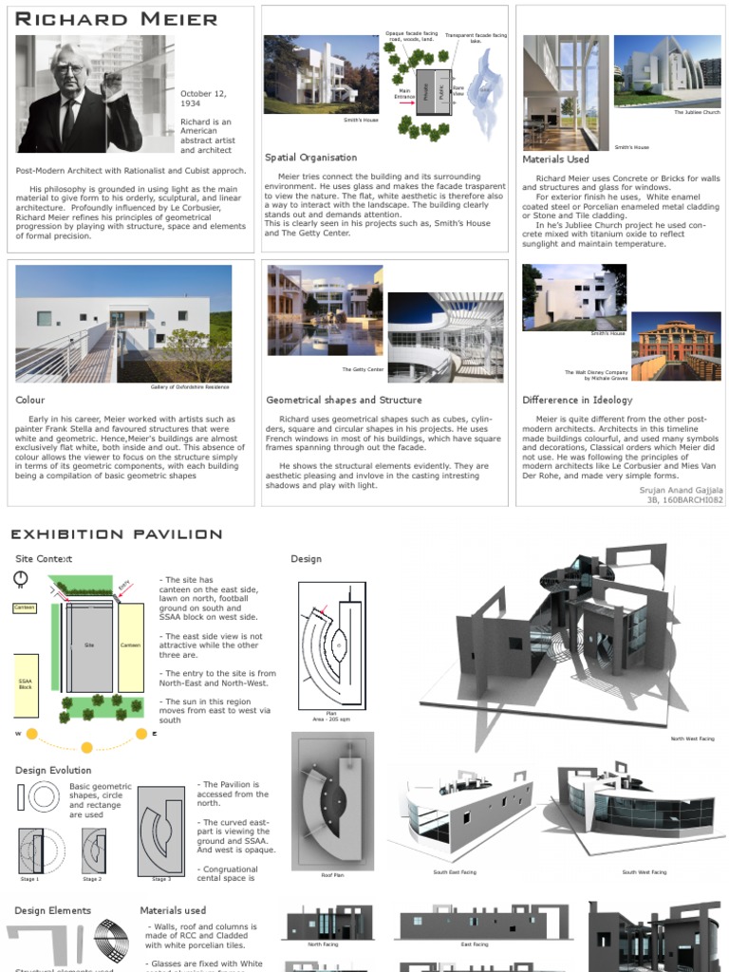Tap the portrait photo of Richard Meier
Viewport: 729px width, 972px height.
tap(95, 94)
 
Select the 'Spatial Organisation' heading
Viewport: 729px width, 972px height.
tap(310, 158)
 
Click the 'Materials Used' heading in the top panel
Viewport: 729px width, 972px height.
tap(555, 159)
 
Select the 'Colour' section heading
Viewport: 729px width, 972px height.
tap(30, 401)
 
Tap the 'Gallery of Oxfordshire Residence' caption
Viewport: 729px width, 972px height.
tap(190, 387)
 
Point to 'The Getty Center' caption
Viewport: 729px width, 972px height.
tap(363, 369)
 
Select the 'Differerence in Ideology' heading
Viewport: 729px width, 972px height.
tap(577, 401)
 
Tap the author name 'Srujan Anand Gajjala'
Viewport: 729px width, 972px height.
tap(681, 490)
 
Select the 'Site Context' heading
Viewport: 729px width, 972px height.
tap(44, 559)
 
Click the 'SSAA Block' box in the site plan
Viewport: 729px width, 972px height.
tap(25, 683)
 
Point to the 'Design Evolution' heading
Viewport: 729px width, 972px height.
tap(53, 770)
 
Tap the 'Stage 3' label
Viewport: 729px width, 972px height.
tap(161, 879)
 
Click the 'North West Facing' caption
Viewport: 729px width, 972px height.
tap(692, 738)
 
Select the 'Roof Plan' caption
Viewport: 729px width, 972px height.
tap(331, 875)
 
